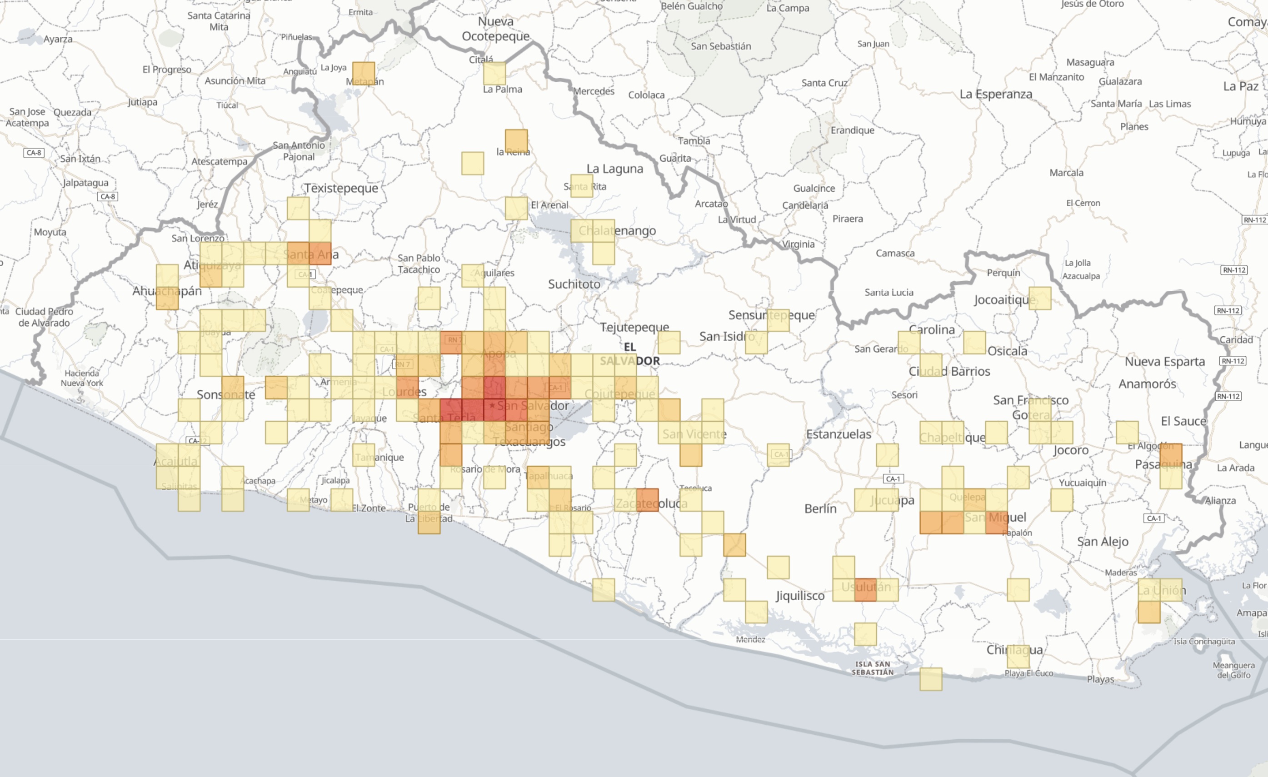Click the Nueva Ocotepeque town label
pos(495,29)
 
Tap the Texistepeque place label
pos(341,188)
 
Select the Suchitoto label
pos(574,284)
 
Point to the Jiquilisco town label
pos(800,596)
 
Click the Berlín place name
pos(820,508)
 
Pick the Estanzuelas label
pos(839,434)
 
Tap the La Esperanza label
pos(996,94)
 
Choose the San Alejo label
pos(1103,541)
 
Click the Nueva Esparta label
pos(1164,362)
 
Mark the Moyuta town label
pos(50,232)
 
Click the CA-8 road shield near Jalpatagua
pos(108,197)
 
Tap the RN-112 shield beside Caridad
pos(1228,310)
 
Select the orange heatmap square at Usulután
pos(865,590)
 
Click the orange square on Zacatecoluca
pos(647,500)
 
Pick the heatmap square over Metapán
pos(363,73)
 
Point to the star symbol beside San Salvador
pos(492,405)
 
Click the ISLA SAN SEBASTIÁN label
pos(872,668)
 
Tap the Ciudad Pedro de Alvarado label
pos(44,317)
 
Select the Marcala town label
pos(1066,173)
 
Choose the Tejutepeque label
pos(634,327)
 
